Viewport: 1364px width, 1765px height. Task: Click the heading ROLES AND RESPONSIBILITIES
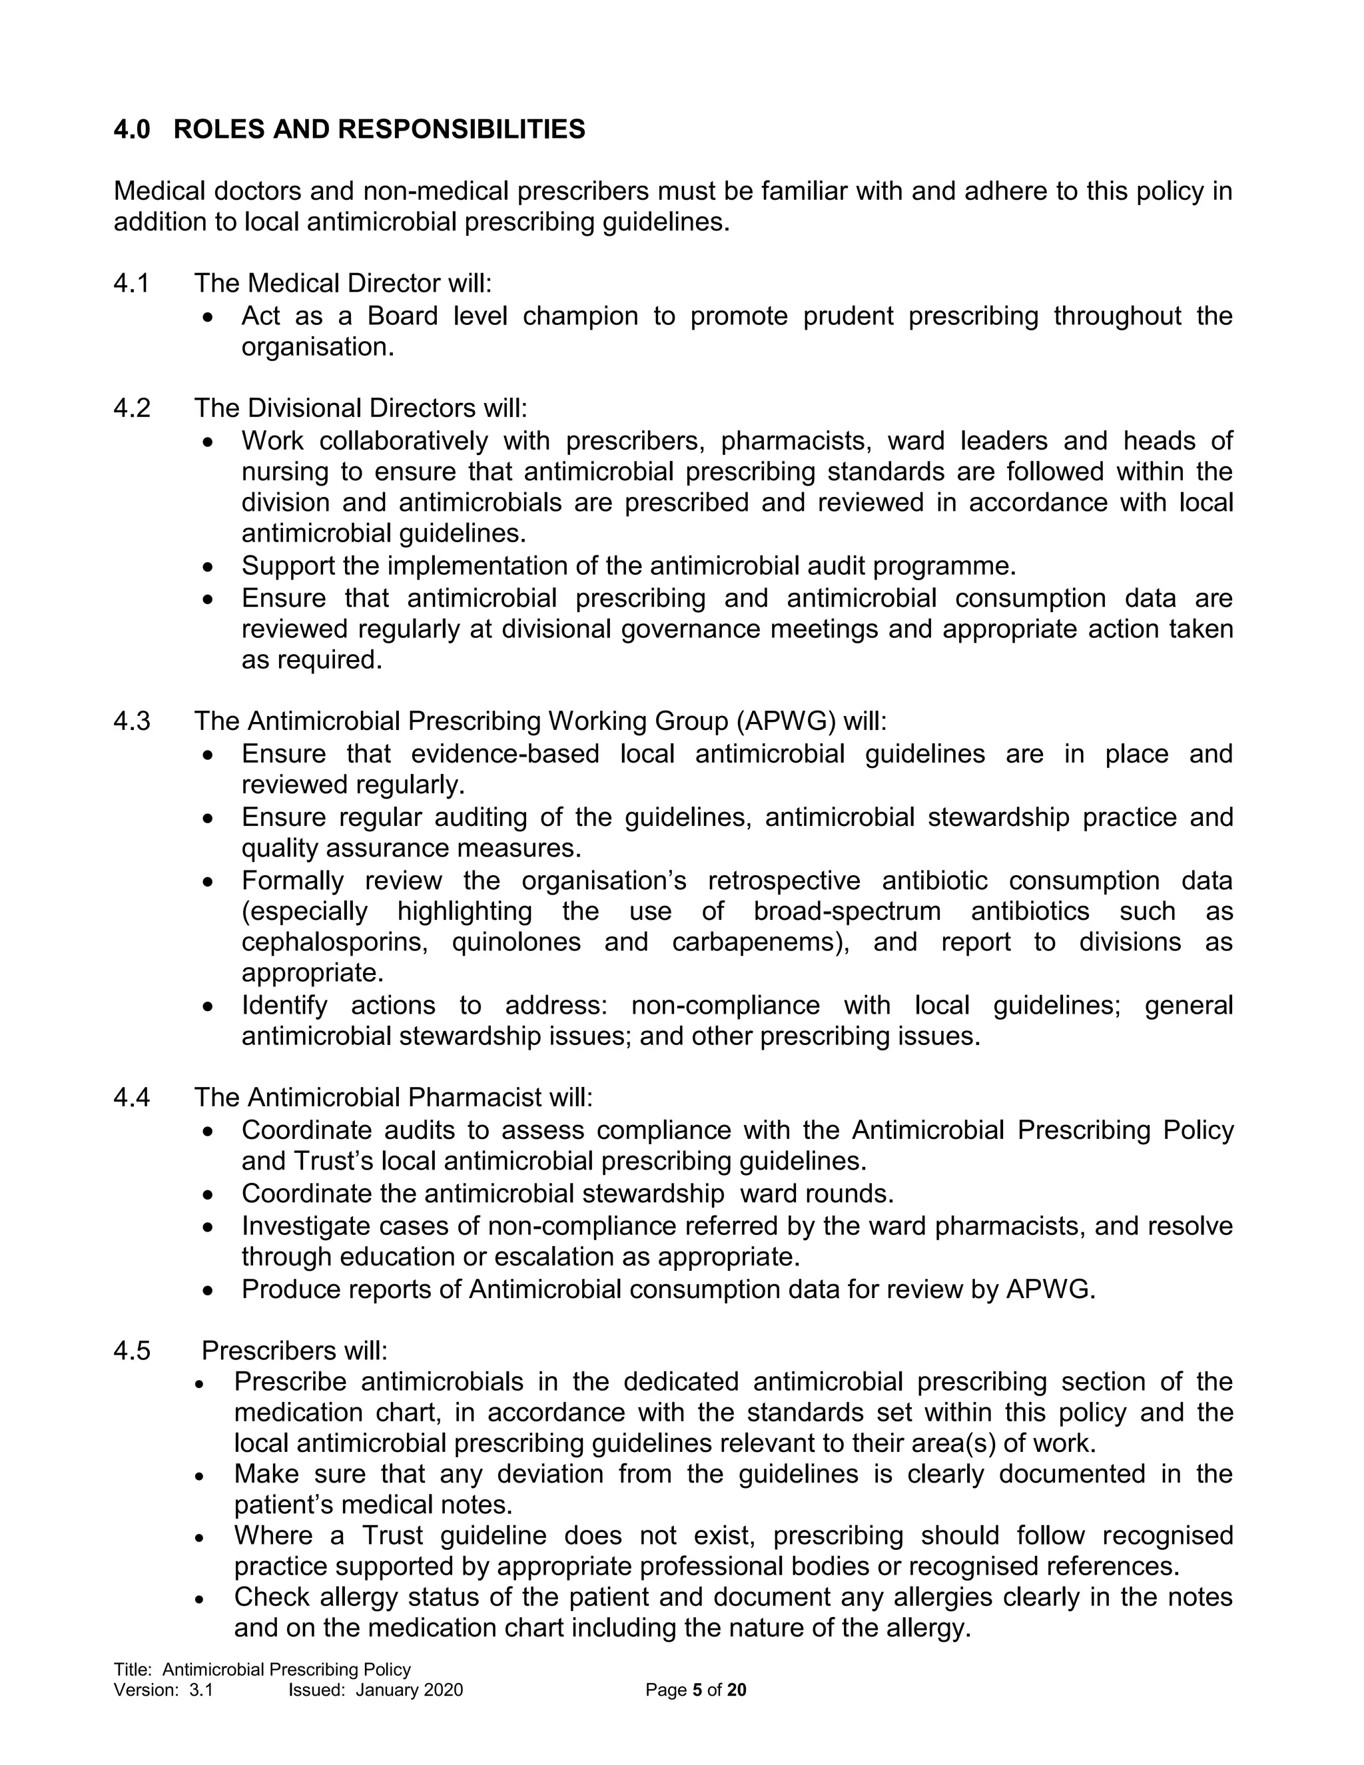[x=379, y=129]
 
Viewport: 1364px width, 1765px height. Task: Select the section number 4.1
[x=132, y=284]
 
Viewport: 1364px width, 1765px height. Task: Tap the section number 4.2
[x=132, y=408]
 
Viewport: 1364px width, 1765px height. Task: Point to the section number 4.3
[x=132, y=721]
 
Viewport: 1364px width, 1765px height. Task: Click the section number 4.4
[x=132, y=1098]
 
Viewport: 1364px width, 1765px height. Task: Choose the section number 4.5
[x=132, y=1351]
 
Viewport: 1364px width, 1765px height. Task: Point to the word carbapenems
[x=759, y=942]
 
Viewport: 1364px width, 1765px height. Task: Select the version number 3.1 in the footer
[x=201, y=1690]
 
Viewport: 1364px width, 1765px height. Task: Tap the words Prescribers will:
[x=294, y=1351]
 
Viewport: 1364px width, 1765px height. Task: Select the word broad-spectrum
[x=847, y=912]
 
